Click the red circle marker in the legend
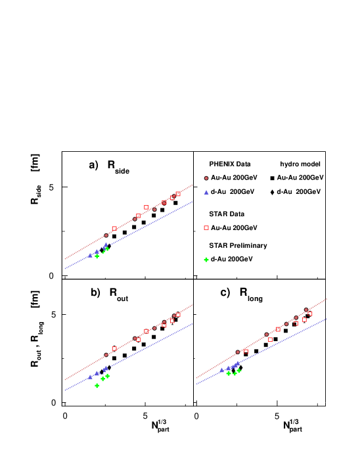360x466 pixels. [206, 178]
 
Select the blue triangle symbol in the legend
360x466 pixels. [206, 193]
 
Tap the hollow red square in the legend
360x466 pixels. [206, 227]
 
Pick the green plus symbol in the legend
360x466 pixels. [206, 260]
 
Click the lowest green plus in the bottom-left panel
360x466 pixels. [97, 386]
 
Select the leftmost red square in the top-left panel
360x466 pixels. [114, 229]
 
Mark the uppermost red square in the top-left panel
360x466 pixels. [178, 194]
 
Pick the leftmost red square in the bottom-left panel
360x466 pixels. [114, 349]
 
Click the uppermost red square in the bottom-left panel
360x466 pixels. [178, 315]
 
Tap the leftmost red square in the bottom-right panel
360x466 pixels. [246, 352]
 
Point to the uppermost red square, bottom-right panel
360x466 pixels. [310, 314]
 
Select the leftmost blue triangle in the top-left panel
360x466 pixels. [91, 255]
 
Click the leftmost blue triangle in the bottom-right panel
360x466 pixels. [222, 369]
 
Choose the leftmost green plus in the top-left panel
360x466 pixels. [97, 256]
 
